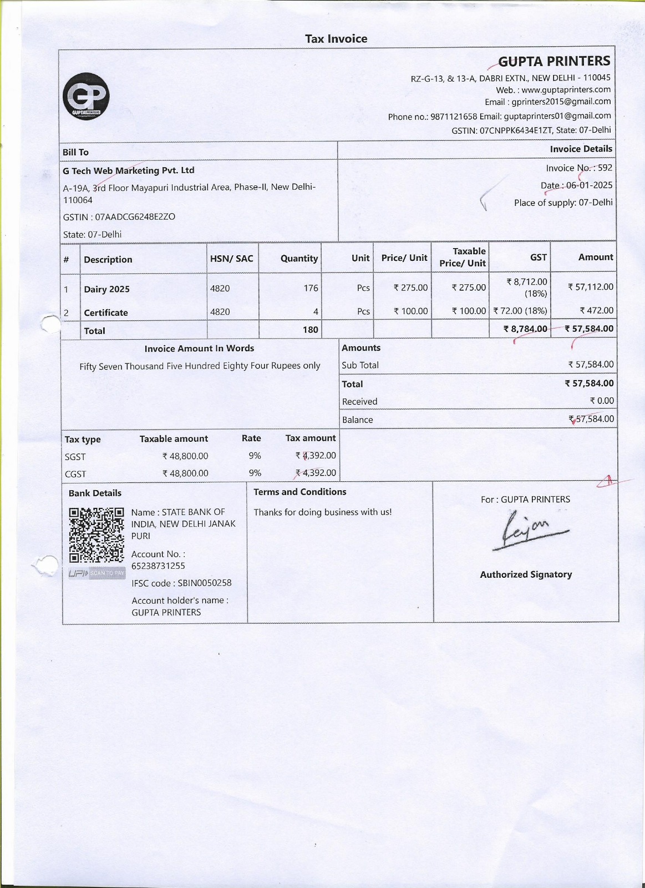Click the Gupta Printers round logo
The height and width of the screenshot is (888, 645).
pyautogui.click(x=86, y=96)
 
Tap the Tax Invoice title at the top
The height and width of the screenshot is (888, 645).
pyautogui.click(x=336, y=39)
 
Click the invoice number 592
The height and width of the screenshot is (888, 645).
pyautogui.click(x=605, y=168)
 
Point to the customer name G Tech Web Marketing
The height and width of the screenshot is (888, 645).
pyautogui.click(x=128, y=170)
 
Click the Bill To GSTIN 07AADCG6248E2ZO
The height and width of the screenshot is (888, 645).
pyautogui.click(x=135, y=216)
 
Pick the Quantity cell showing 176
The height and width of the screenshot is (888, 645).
pyautogui.click(x=311, y=288)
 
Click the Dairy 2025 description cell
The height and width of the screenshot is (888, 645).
pyautogui.click(x=106, y=289)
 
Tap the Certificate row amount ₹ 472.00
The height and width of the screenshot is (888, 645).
pyautogui.click(x=596, y=311)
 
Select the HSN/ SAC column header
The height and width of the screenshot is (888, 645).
pyautogui.click(x=231, y=259)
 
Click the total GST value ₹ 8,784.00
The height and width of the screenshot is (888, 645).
pyautogui.click(x=525, y=329)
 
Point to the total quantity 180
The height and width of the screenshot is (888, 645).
pyautogui.click(x=310, y=330)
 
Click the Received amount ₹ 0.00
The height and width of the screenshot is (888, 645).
pyautogui.click(x=601, y=401)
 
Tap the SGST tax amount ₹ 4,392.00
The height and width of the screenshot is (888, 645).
pyautogui.click(x=316, y=456)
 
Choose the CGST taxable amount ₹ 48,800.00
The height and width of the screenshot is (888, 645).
pyautogui.click(x=185, y=473)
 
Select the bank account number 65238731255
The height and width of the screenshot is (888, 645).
pyautogui.click(x=158, y=566)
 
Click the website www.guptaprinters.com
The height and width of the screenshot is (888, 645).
pyautogui.click(x=566, y=89)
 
